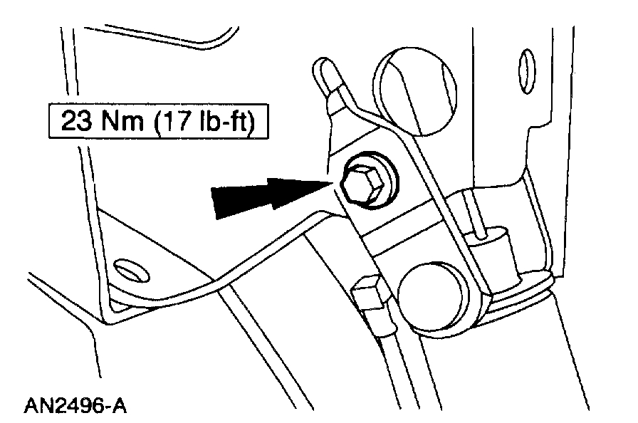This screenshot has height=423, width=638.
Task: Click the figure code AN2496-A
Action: coord(75,407)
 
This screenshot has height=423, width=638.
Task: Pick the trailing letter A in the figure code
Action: coord(120,407)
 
